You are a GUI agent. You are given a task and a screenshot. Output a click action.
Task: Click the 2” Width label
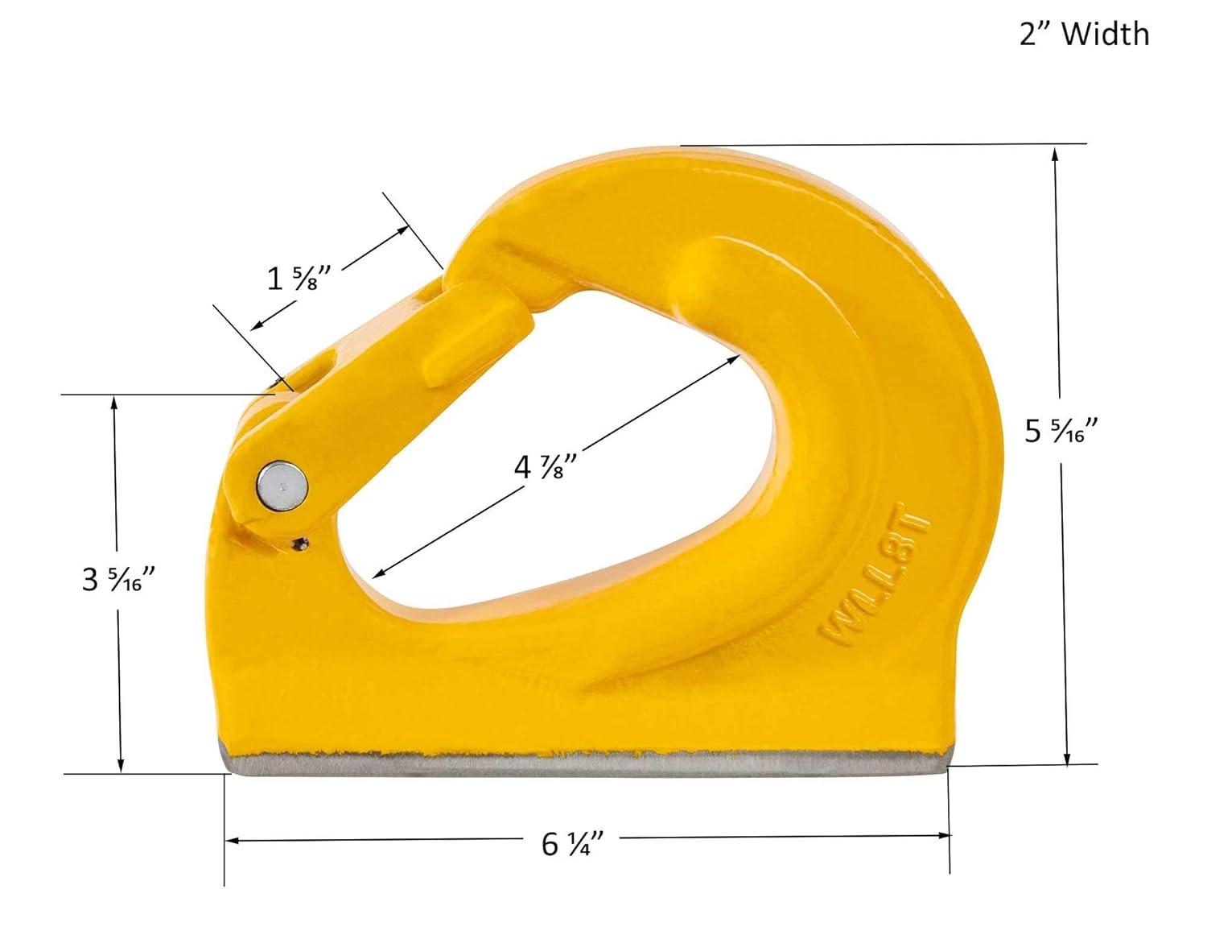pyautogui.click(x=1084, y=34)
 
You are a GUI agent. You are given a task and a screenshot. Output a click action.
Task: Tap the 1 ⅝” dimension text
pyautogui.click(x=289, y=279)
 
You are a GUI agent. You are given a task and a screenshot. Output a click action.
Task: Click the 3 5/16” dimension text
pyautogui.click(x=118, y=578)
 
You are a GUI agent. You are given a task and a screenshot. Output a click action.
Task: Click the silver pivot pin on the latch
pyautogui.click(x=282, y=485)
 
